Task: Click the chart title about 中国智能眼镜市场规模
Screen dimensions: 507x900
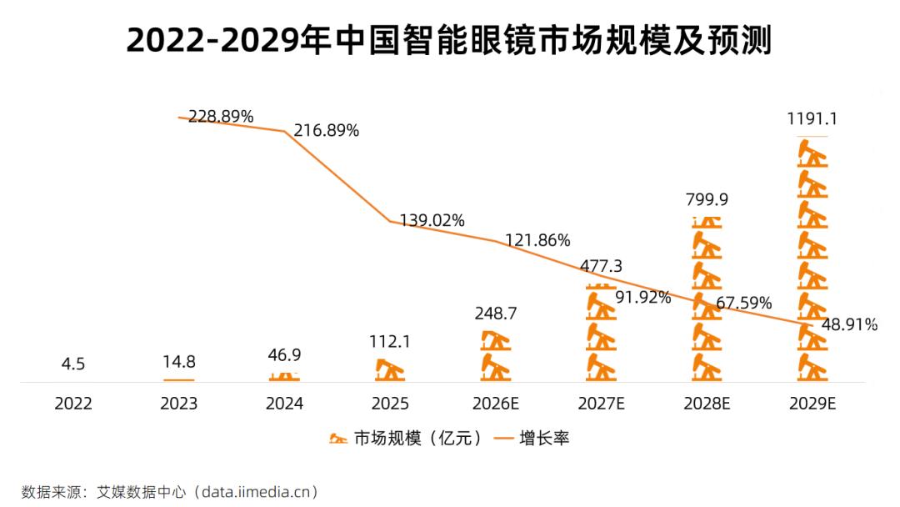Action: click(449, 39)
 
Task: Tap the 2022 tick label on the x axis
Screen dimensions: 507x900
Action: click(73, 404)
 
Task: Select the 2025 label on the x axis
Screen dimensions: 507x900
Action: click(390, 404)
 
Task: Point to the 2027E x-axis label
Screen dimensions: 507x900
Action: click(601, 404)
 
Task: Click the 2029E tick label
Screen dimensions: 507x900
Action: click(812, 404)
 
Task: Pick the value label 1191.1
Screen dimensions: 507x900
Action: click(812, 119)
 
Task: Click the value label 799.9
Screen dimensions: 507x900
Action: click(707, 199)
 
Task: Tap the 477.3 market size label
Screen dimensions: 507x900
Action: click(601, 266)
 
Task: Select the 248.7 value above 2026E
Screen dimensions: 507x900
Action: click(495, 314)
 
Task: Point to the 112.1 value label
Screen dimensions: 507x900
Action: click(390, 342)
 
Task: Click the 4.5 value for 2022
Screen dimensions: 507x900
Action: click(73, 364)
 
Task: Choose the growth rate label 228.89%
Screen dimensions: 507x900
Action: click(221, 117)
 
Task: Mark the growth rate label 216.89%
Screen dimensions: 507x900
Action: click(326, 130)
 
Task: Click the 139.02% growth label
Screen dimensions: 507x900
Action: click(432, 221)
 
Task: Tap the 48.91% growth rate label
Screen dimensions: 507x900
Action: click(848, 324)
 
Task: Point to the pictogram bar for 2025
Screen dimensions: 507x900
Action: click(390, 369)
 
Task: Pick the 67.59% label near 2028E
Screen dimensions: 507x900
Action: click(743, 303)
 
